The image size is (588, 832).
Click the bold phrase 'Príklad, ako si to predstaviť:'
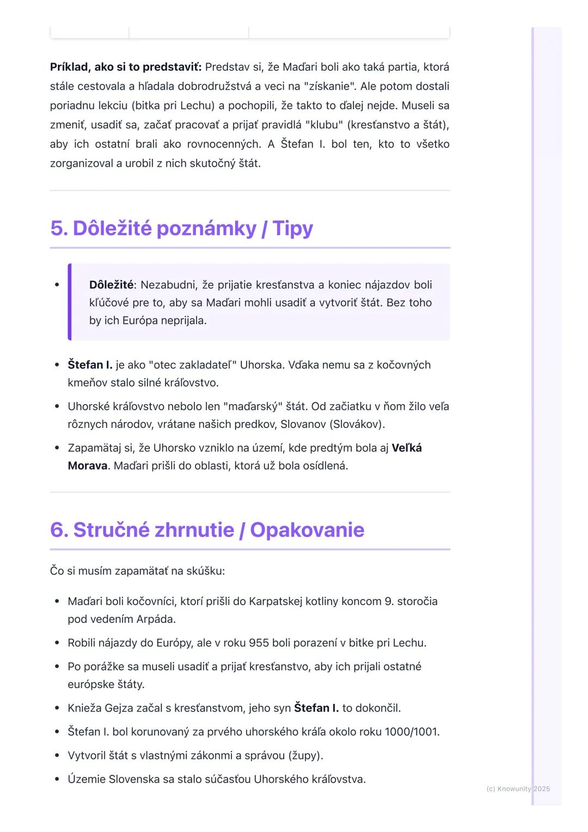click(126, 67)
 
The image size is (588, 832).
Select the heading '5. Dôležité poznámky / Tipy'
click(181, 228)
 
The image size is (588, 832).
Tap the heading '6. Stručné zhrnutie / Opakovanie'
click(207, 530)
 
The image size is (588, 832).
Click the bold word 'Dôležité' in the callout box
click(111, 285)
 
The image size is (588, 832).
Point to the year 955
click(259, 643)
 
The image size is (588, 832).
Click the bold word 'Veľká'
click(407, 448)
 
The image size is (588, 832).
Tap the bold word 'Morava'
click(87, 466)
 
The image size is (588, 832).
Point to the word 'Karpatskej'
click(276, 602)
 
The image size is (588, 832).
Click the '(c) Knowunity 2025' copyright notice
click(518, 789)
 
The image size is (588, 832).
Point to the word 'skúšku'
click(205, 571)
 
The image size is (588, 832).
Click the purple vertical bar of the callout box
click(70, 302)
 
